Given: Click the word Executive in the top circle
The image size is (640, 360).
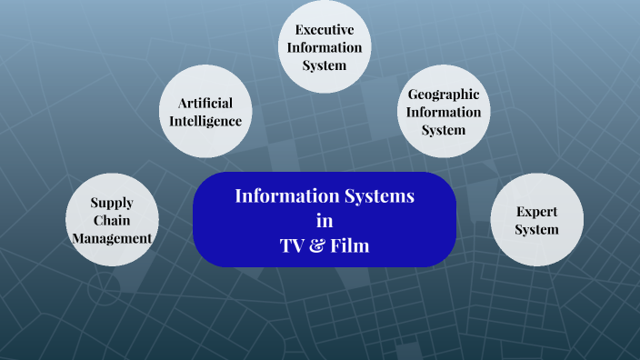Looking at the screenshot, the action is [325, 30].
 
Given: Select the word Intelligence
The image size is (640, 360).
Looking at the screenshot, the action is [206, 120].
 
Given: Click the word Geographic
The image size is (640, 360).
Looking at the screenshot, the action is [444, 95].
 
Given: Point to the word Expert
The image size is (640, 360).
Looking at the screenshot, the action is [536, 211].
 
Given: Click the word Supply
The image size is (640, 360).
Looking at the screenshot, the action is [112, 203].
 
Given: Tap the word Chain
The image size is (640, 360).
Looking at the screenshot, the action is [112, 220].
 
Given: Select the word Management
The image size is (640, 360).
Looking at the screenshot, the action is [112, 238].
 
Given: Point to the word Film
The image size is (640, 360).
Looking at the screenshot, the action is [350, 245].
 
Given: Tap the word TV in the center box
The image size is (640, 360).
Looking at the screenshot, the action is [293, 245].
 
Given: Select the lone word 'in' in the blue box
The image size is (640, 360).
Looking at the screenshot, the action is [325, 220].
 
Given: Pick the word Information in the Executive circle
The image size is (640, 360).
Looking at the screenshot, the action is [325, 47].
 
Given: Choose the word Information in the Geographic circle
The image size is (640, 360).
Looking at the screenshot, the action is [444, 112].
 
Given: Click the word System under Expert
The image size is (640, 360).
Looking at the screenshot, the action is [536, 229].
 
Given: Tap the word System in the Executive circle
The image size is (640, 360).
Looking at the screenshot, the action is [325, 65].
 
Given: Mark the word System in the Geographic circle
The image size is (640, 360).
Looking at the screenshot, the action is [444, 130].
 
